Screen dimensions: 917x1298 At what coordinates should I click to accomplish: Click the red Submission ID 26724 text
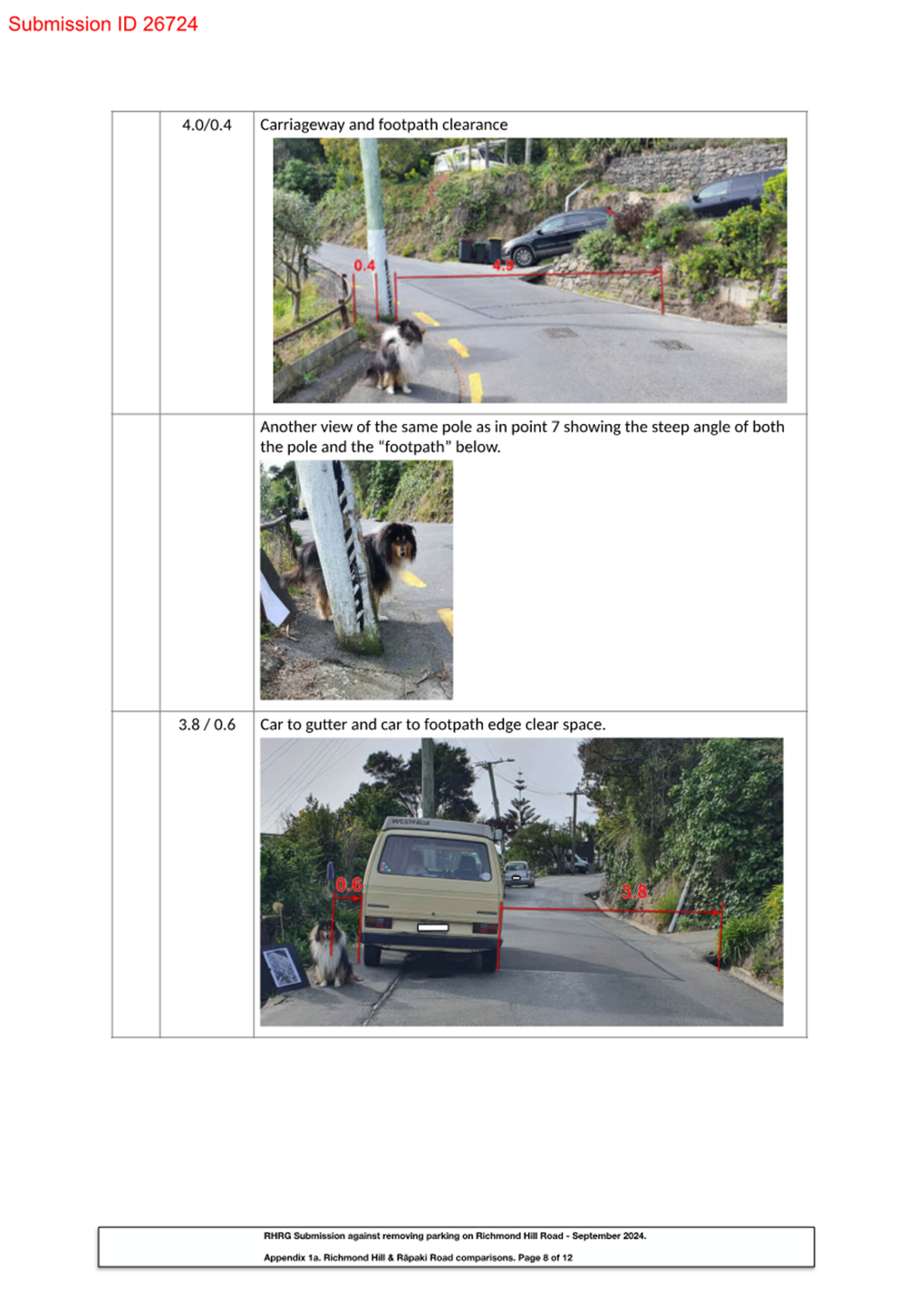102,24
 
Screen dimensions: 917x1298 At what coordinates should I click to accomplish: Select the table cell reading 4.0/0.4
207,125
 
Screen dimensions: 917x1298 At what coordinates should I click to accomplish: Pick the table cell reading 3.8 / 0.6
207,725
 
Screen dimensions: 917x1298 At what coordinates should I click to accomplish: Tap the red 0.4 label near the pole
364,265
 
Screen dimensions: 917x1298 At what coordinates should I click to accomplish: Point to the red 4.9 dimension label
503,265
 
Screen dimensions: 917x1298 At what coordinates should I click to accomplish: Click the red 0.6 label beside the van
348,885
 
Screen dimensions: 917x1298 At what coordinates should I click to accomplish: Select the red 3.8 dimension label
634,892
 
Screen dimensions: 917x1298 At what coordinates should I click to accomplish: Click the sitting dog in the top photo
397,357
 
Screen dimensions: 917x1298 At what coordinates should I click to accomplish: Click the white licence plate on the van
433,928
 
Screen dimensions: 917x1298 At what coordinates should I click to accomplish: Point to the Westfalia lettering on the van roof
411,822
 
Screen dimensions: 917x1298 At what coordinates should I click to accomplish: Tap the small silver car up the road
519,874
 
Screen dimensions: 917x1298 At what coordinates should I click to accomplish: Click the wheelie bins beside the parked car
480,250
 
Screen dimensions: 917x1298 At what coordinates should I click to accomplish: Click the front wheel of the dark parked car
523,255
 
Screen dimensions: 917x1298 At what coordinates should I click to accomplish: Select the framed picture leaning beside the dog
284,967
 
